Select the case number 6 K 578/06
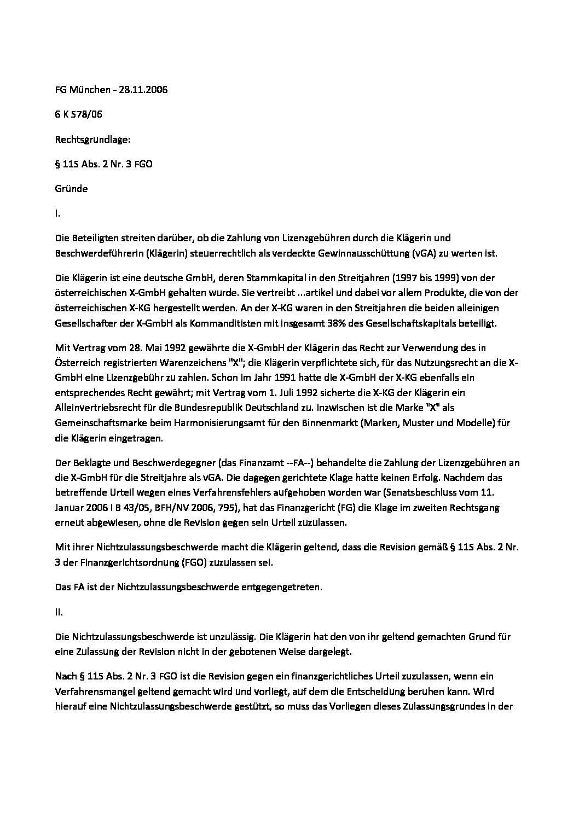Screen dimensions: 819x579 pos(79,114)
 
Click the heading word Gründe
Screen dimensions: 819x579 pos(71,189)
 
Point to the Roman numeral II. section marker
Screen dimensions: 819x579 pos(59,612)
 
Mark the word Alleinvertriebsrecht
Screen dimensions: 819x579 pos(101,408)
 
